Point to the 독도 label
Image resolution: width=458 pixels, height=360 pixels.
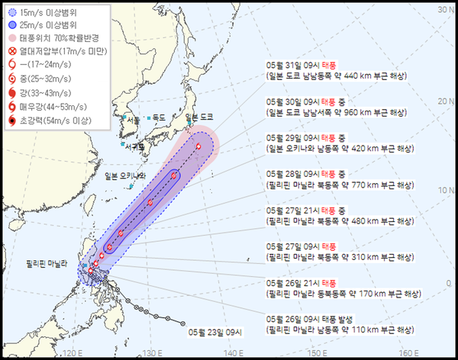[x=159, y=117]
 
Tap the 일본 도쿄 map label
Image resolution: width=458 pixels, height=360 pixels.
[x=200, y=116]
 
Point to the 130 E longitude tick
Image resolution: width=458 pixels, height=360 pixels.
[x=152, y=353]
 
